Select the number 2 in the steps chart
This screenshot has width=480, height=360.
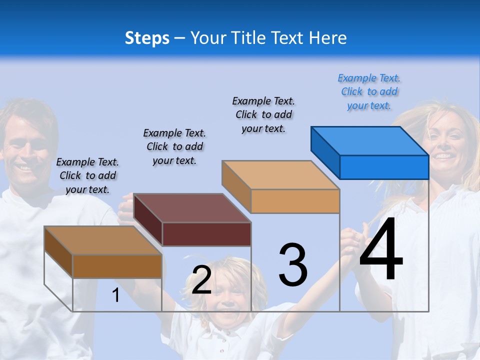tap(201, 280)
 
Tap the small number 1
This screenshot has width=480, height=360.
tap(115, 295)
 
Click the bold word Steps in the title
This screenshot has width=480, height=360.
tap(147, 38)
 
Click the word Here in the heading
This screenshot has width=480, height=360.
tap(327, 38)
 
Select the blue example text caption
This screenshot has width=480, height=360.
tap(369, 91)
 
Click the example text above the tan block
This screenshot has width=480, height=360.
tap(263, 114)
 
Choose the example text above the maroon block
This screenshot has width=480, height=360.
tap(174, 146)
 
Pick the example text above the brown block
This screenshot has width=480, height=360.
tap(87, 175)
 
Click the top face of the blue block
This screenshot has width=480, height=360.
tap(370, 140)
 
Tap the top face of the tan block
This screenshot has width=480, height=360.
tap(281, 175)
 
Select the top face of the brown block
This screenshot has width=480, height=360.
tap(103, 240)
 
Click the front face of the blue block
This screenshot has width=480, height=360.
tap(384, 167)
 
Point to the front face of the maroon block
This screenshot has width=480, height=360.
tap(206, 234)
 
